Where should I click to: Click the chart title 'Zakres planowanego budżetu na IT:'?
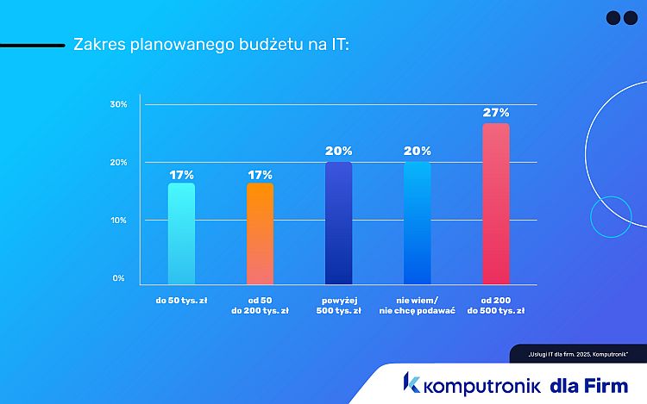(x=211, y=44)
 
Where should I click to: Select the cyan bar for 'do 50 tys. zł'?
(x=181, y=233)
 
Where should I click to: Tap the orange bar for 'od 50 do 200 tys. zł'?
(x=260, y=233)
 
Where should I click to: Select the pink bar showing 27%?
(x=495, y=203)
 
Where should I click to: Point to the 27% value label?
(x=496, y=113)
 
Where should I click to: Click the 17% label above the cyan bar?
(x=181, y=174)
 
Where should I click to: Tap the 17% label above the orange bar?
(x=260, y=174)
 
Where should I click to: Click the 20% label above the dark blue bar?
(x=338, y=152)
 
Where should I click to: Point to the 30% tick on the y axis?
(x=118, y=104)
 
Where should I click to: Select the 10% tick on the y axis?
(x=118, y=221)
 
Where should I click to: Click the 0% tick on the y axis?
(x=119, y=278)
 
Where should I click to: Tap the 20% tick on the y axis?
(x=118, y=163)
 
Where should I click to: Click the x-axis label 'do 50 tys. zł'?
(x=181, y=301)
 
